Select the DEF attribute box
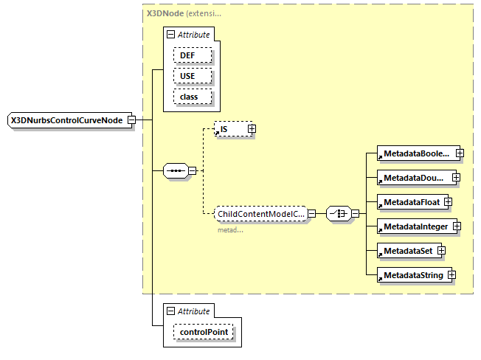tap(193, 55)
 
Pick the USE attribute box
tap(193, 76)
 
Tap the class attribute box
tap(193, 97)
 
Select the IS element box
tap(230, 129)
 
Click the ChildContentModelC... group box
tap(260, 214)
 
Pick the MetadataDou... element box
tap(414, 178)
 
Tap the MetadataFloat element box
tap(409, 201)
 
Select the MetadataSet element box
tap(406, 251)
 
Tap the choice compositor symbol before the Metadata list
tap(338, 214)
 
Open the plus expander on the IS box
tap(252, 129)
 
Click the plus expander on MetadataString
tap(451, 275)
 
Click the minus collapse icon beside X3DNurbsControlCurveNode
tap(131, 120)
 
